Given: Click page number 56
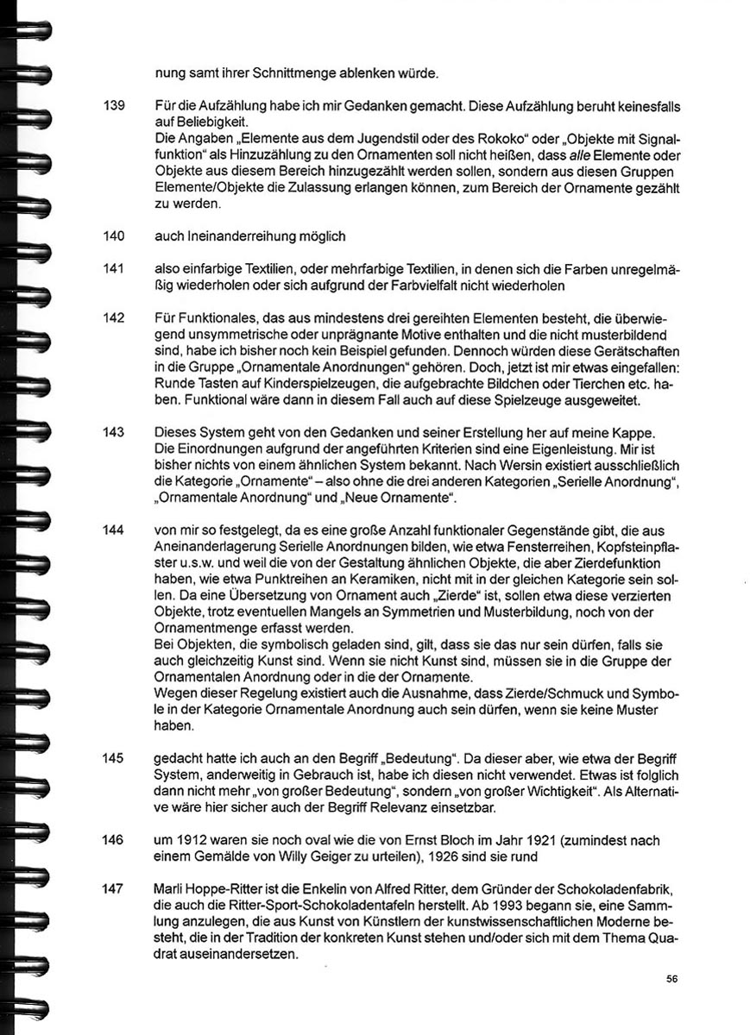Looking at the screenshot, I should pos(672,978).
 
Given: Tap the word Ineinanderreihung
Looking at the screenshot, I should pos(234,235).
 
